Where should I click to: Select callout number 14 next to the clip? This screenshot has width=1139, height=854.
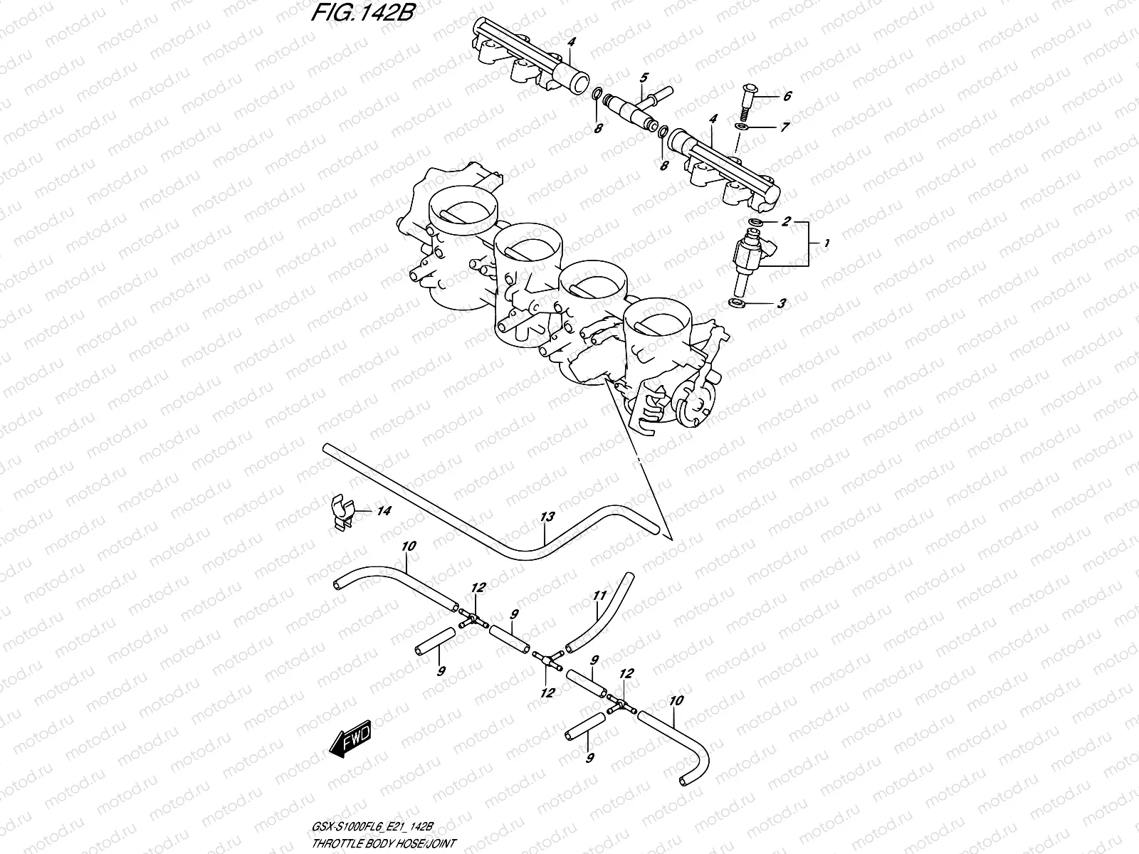click(x=384, y=510)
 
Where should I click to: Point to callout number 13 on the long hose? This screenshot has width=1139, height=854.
click(x=547, y=518)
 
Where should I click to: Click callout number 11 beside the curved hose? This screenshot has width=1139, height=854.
click(x=599, y=596)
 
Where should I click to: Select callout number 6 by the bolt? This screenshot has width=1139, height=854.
click(x=787, y=96)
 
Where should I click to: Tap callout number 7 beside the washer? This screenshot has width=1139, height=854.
click(x=785, y=128)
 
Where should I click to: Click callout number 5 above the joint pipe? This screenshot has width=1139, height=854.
click(x=644, y=77)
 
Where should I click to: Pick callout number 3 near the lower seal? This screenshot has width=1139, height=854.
click(x=782, y=304)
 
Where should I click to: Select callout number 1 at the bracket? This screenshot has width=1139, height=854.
click(x=825, y=244)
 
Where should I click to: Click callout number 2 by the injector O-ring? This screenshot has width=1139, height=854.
click(x=786, y=222)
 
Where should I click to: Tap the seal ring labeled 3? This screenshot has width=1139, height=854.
click(x=738, y=304)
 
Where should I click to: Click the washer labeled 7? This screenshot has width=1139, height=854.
click(x=741, y=127)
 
